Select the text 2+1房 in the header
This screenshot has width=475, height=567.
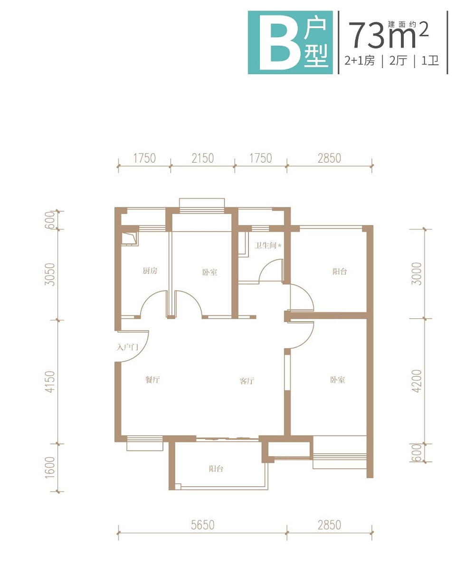pos(360,60)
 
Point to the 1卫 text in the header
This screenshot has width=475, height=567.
pos(430,60)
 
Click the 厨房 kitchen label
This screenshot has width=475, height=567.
pos(150,271)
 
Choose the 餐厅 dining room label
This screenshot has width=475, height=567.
pos(152,380)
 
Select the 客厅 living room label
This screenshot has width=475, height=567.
pos(247,381)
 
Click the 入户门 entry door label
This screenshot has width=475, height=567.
pos(127,348)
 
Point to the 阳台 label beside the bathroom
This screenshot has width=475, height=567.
pos(340,271)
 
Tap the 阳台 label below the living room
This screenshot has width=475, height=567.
pos(216,469)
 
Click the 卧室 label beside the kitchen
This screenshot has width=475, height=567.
pos(209,272)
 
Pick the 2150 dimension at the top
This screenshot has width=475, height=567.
pos(203,158)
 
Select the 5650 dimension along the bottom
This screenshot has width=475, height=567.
pos(203,525)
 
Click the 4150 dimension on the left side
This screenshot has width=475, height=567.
pos(50,382)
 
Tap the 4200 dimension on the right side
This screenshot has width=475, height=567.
pos(417,381)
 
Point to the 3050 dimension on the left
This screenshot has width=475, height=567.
pos(50,274)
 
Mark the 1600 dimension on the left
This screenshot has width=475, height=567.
pos(50,468)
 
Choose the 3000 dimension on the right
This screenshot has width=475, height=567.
pos(417,274)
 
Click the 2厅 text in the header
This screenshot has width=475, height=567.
pos(398,60)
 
